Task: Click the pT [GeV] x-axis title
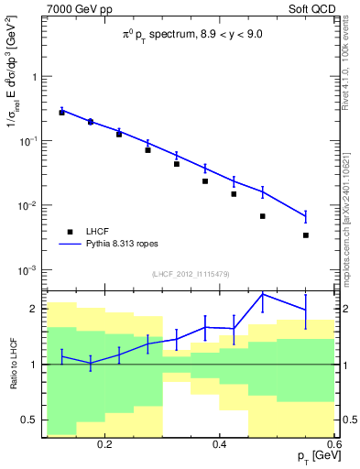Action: (313, 456)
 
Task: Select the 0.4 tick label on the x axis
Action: (220, 444)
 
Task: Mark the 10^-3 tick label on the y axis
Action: (28, 270)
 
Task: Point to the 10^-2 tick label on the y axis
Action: (28, 206)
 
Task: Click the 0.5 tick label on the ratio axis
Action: (30, 420)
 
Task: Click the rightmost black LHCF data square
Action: (306, 235)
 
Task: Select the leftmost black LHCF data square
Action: (61, 112)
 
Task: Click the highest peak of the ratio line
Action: (263, 294)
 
